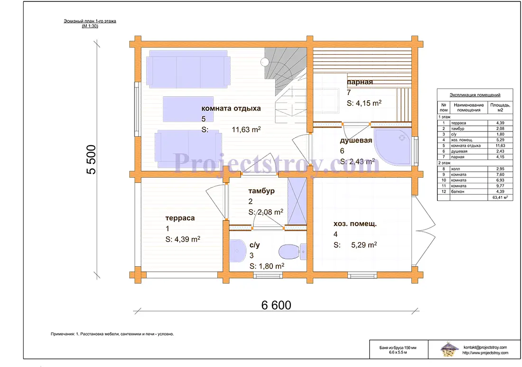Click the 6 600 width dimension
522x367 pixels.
click(276, 305)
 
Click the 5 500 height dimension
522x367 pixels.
click(91, 160)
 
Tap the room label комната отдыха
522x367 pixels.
click(231, 108)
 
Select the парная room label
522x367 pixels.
click(360, 82)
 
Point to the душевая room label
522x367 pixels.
click(356, 141)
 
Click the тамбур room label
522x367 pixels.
click(261, 191)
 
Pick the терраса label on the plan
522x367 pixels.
click(180, 218)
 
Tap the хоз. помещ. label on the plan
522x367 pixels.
click(355, 224)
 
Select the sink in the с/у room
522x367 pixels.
click(237, 250)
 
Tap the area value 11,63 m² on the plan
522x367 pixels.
click(246, 129)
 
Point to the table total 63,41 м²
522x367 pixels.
click(500, 197)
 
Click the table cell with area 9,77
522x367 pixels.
click(500, 186)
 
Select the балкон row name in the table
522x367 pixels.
click(457, 191)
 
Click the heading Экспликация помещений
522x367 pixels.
click(475, 95)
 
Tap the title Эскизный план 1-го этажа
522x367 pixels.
click(90, 21)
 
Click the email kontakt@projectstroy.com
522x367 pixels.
click(485, 348)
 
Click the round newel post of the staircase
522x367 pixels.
click(265, 62)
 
